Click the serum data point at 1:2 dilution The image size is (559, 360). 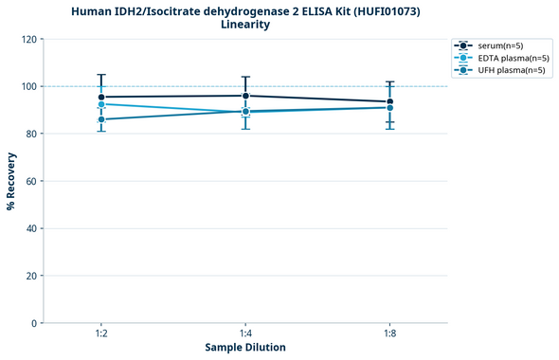[x=101, y=97]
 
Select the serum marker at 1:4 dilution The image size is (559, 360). [x=245, y=96]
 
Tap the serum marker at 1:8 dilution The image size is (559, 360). [x=389, y=101]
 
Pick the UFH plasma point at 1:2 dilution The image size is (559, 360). [x=101, y=119]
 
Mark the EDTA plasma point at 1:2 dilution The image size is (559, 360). [x=101, y=104]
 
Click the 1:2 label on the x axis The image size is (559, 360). [x=101, y=333]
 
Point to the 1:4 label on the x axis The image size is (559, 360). [x=245, y=333]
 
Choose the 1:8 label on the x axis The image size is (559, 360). [x=389, y=333]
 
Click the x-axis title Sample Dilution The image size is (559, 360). [x=245, y=348]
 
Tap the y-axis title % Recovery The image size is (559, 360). [x=11, y=181]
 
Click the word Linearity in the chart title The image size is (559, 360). [x=244, y=25]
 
